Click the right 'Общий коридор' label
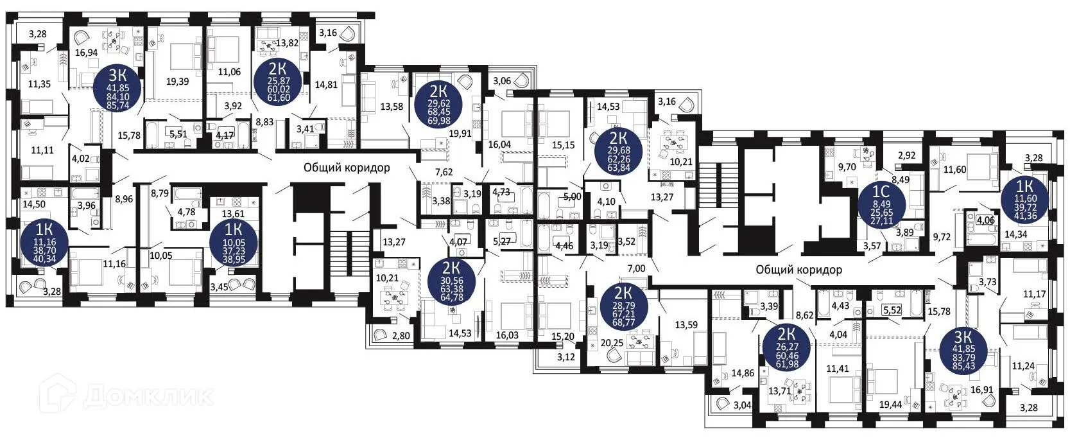point(798,270)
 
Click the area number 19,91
point(460,134)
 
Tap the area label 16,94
point(86,53)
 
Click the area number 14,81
point(325,84)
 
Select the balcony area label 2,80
point(401,335)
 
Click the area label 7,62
point(444,172)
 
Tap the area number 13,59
point(686,325)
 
